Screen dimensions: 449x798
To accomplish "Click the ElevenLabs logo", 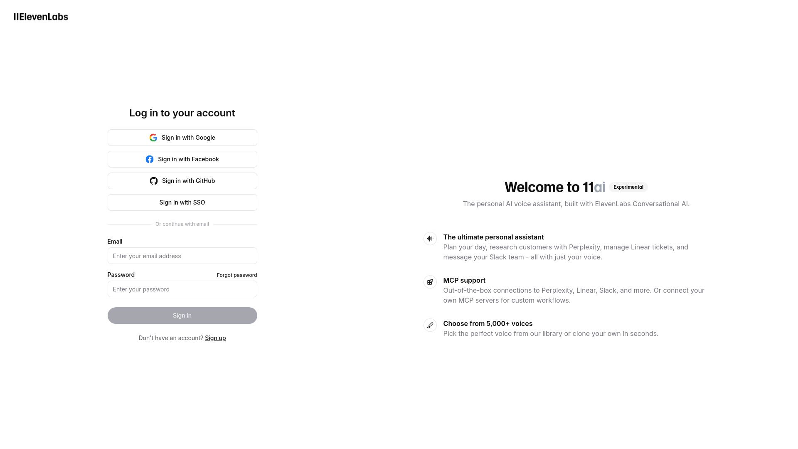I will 41,17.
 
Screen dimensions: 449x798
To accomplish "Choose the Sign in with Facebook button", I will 182,159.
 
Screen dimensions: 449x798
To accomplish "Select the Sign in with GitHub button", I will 182,181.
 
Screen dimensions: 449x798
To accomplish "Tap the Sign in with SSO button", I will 182,202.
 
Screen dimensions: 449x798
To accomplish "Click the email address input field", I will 182,256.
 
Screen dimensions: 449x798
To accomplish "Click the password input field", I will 182,289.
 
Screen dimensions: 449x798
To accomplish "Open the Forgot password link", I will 236,275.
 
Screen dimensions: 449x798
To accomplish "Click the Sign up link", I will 215,338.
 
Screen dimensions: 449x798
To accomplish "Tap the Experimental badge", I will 628,187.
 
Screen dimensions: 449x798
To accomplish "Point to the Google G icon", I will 153,138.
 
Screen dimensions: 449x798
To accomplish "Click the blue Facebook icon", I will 150,159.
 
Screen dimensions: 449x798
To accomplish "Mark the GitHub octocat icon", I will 154,181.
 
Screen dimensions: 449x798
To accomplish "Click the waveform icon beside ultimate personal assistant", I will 430,239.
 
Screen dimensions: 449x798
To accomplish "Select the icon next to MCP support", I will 430,282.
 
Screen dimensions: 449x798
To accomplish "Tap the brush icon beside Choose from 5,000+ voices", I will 430,325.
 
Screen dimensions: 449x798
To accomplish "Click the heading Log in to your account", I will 182,113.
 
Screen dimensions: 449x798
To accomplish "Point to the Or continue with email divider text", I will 182,224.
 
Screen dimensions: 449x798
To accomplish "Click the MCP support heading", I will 464,280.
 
